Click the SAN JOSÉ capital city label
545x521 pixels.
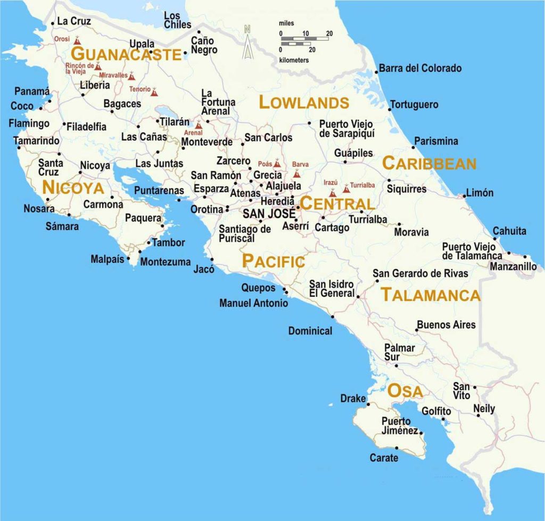point(269,214)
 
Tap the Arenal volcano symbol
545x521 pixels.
point(199,125)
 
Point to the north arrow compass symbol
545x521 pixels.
point(247,43)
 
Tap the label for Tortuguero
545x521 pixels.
point(414,104)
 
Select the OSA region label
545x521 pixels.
point(405,391)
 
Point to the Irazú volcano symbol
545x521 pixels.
point(333,192)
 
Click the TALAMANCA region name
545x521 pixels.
point(431,295)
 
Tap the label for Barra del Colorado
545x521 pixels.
point(419,68)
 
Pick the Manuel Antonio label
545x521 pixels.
point(253,303)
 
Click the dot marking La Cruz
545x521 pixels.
point(53,23)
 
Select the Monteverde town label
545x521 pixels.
point(207,142)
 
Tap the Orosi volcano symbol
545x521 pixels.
point(78,40)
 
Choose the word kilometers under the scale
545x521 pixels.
point(294,60)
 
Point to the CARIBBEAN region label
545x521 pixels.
point(429,164)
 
